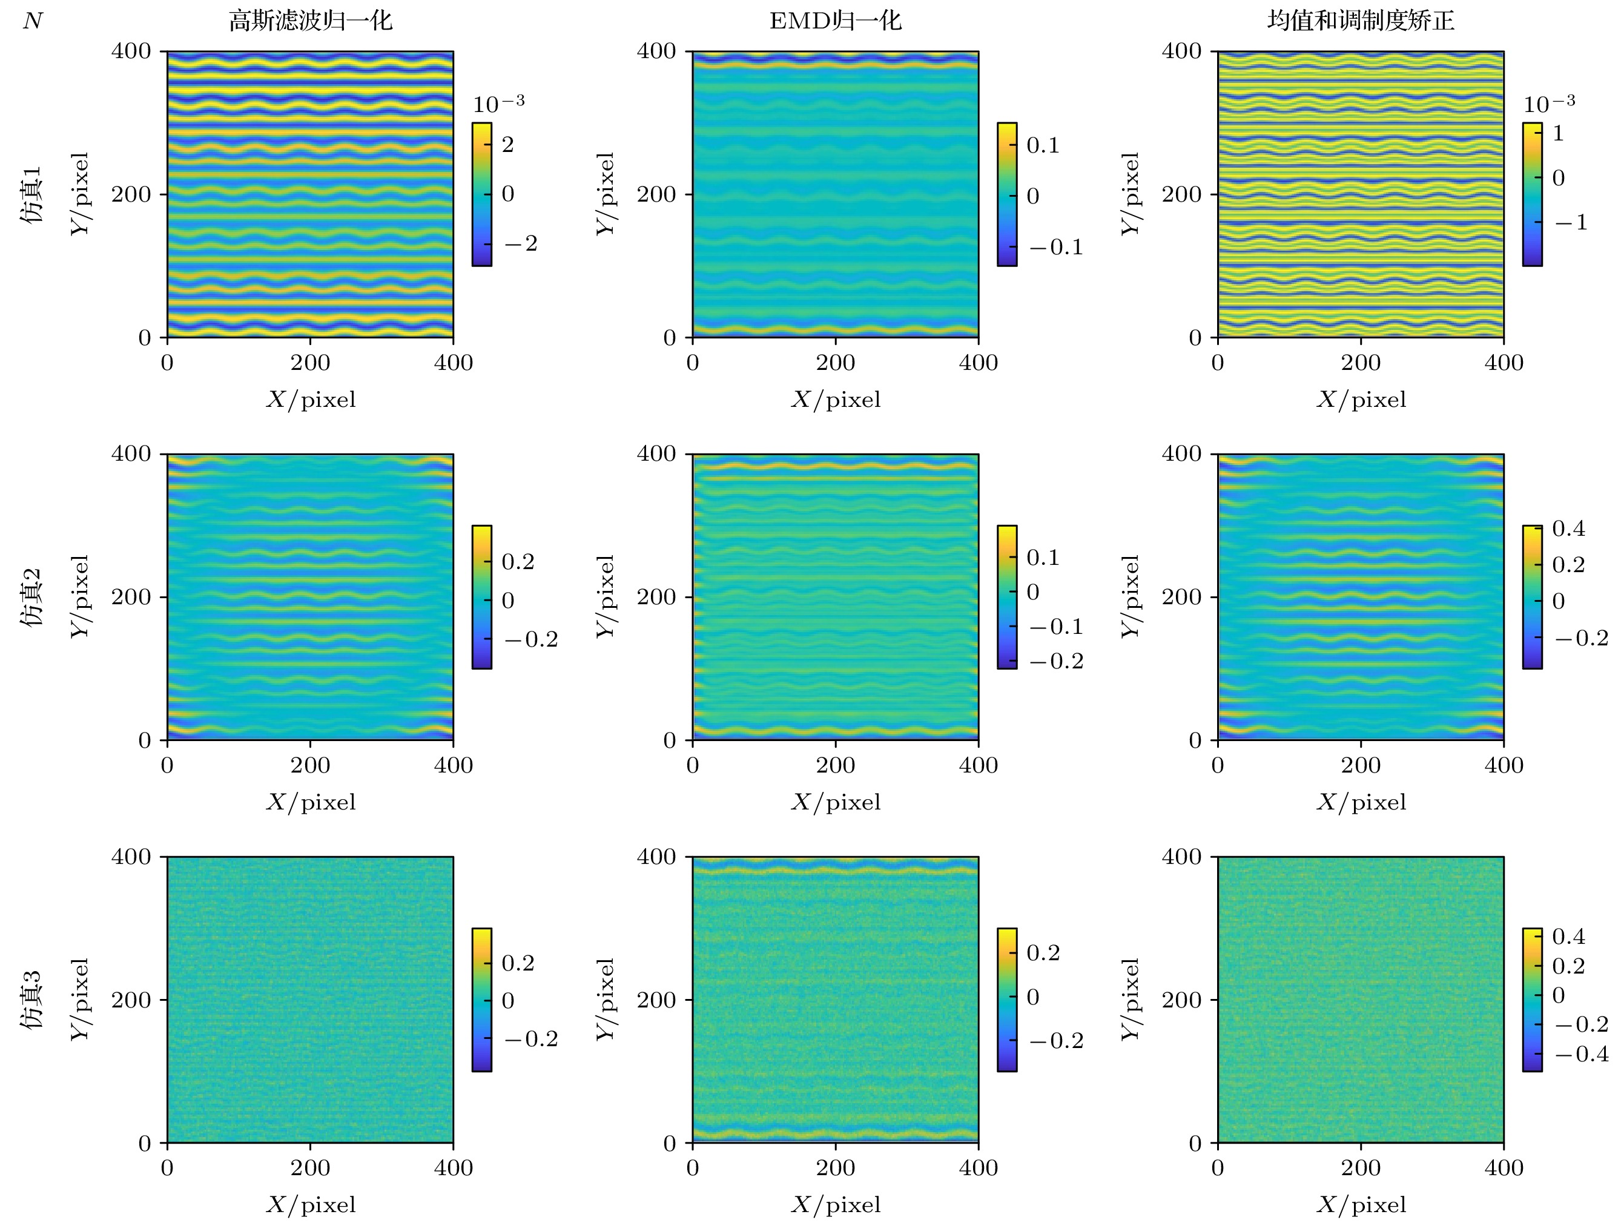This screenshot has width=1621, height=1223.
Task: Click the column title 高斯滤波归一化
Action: click(x=310, y=21)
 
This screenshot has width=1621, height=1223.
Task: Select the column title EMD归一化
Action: click(x=836, y=21)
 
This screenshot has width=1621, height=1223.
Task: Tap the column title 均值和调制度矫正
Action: click(x=1361, y=21)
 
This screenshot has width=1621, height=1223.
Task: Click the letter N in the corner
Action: click(x=33, y=21)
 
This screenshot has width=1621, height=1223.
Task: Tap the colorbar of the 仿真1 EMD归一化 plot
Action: click(x=1007, y=194)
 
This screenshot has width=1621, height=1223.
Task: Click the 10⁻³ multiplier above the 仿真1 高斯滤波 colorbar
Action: click(x=498, y=104)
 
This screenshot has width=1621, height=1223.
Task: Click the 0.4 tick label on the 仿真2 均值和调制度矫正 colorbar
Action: click(x=1568, y=529)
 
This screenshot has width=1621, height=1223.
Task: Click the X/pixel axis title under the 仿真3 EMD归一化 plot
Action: click(x=836, y=1205)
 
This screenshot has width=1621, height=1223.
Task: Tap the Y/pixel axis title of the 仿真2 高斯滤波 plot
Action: click(x=80, y=596)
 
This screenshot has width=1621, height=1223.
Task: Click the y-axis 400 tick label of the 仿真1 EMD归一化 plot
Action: click(x=656, y=51)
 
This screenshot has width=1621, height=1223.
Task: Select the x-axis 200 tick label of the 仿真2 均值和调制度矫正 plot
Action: click(x=1361, y=765)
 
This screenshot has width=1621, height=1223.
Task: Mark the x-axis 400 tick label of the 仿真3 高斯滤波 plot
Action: click(x=453, y=1167)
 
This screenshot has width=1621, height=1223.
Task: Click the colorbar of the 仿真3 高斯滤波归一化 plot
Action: click(x=481, y=1000)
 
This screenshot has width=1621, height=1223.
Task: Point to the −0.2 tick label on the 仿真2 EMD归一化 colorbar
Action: click(x=1056, y=661)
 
